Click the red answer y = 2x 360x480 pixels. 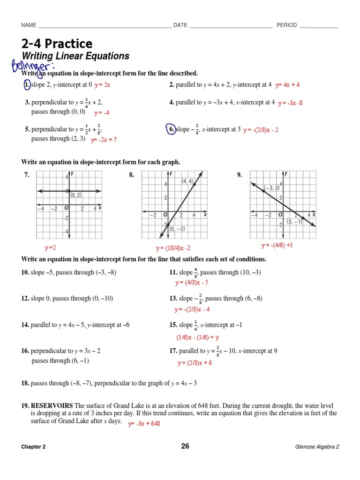click(x=102, y=85)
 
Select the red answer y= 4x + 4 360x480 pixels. click(x=287, y=85)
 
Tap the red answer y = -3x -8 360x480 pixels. click(x=290, y=103)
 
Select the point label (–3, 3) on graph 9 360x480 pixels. click(x=271, y=188)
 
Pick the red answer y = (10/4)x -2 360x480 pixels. click(x=173, y=248)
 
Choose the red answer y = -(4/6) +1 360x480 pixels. click(x=277, y=245)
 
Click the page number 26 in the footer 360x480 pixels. click(x=185, y=446)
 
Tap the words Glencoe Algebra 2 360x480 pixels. click(x=316, y=447)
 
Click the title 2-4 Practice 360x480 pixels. click(x=57, y=44)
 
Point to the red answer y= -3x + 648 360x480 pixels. click(x=145, y=424)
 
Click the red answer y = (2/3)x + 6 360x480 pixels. click(x=195, y=363)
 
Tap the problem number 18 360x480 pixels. click(x=25, y=383)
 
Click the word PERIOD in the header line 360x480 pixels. click(x=286, y=25)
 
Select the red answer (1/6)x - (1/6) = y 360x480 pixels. click(x=198, y=337)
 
